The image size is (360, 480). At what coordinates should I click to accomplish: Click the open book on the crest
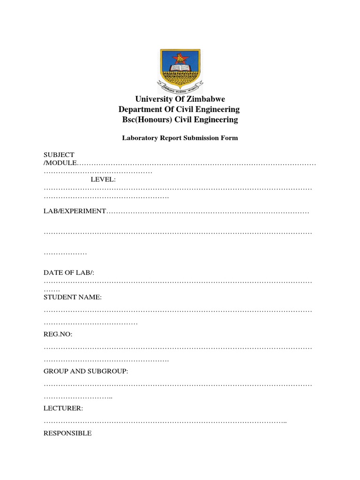(x=180, y=69)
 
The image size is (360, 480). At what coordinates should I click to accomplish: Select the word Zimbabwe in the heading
(x=206, y=99)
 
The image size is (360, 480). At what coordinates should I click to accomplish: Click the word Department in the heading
(x=140, y=109)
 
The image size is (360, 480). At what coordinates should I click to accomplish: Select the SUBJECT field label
(x=59, y=155)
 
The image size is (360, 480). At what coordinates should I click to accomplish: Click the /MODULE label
(x=60, y=163)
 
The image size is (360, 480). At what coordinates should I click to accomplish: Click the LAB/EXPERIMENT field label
(x=75, y=211)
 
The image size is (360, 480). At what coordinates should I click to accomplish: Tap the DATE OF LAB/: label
(x=69, y=272)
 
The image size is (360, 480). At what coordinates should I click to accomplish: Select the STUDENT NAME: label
(x=73, y=297)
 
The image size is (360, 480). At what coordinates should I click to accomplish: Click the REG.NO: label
(x=58, y=334)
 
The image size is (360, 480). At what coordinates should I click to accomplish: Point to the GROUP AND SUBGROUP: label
(x=86, y=371)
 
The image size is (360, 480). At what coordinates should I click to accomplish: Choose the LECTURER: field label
(x=63, y=408)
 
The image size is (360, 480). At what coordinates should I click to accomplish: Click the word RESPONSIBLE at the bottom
(x=67, y=433)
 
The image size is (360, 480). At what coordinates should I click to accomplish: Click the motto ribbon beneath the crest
(x=180, y=87)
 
